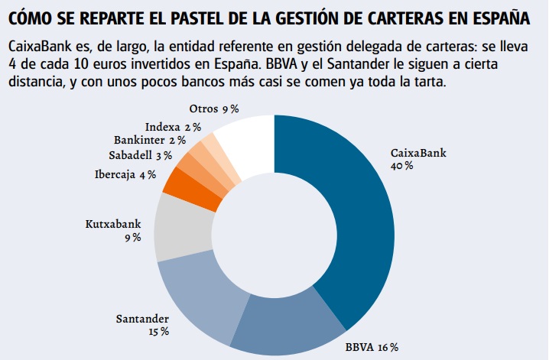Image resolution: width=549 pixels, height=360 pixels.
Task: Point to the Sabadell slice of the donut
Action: [x=196, y=164]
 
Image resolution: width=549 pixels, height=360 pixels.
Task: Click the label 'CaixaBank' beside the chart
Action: [x=418, y=153]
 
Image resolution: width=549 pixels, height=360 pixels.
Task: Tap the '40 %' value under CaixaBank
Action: [x=402, y=166]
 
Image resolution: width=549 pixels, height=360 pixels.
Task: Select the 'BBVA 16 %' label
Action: [x=372, y=348]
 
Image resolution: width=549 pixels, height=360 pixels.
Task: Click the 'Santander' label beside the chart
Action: [x=142, y=319]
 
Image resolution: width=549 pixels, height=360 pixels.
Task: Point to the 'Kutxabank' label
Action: [x=113, y=225]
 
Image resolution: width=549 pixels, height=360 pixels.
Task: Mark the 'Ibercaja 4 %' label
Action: [x=125, y=174]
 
